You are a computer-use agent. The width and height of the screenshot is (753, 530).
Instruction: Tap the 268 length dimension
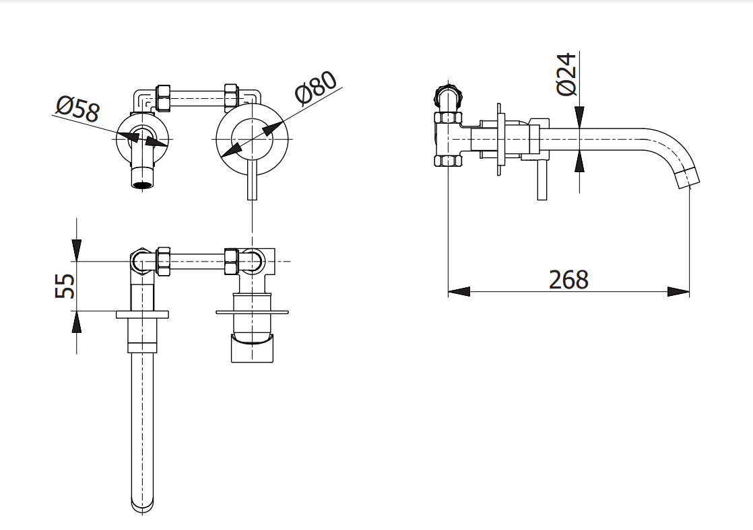point(568,279)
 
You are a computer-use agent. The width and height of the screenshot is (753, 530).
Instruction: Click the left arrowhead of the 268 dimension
point(459,292)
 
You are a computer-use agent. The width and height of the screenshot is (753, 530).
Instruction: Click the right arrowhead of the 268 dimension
point(679,292)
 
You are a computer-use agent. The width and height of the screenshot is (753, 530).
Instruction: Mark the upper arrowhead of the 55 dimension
point(77,250)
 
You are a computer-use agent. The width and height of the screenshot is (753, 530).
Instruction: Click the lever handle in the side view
point(542,181)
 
